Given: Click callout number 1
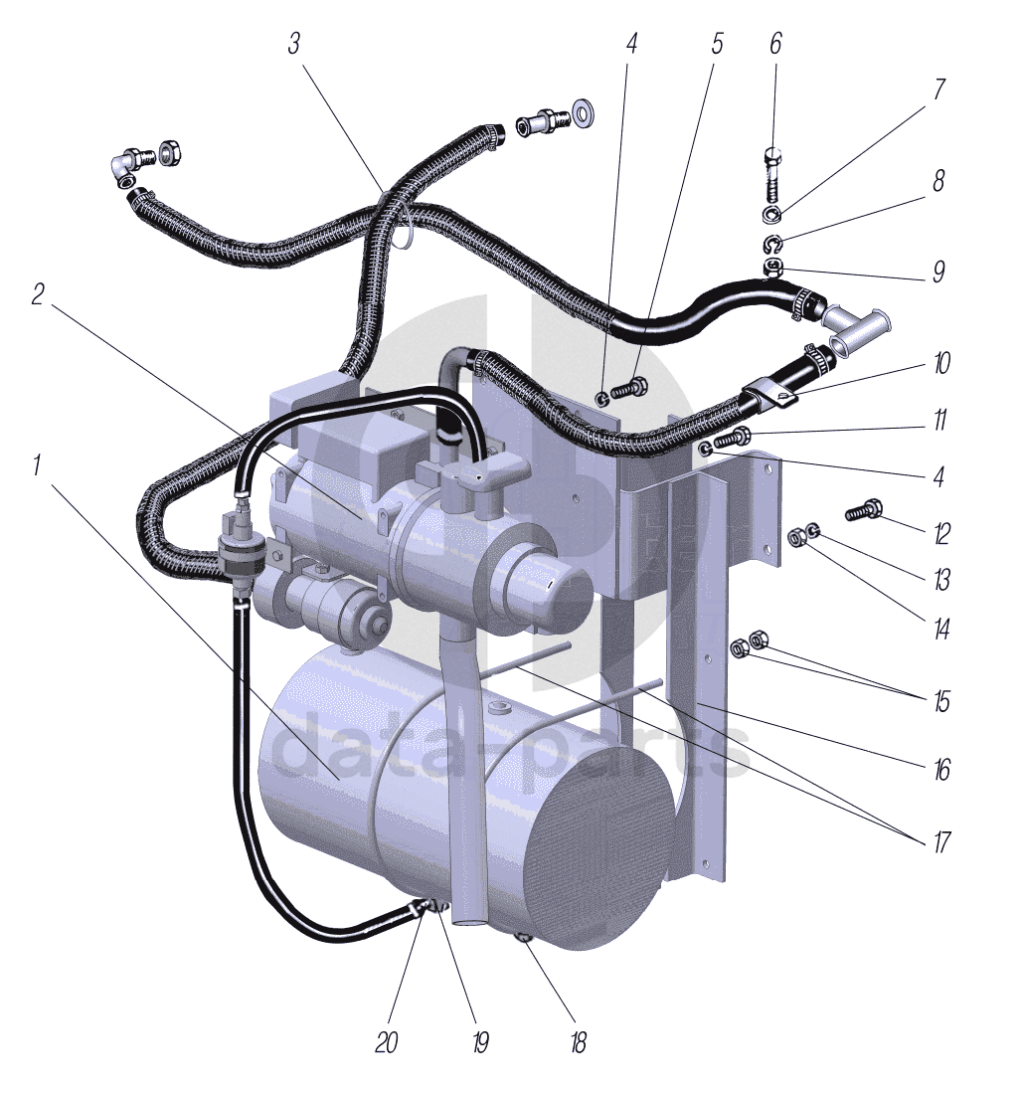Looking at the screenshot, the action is (37, 464).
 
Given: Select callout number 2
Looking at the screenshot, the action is (38, 294).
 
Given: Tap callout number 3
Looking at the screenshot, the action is (294, 44).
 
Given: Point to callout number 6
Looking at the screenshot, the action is (775, 44).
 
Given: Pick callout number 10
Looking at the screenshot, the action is (941, 363).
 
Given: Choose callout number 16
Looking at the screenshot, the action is (941, 770).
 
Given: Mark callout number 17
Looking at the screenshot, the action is (941, 840).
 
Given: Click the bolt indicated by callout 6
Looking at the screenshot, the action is (774, 175).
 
